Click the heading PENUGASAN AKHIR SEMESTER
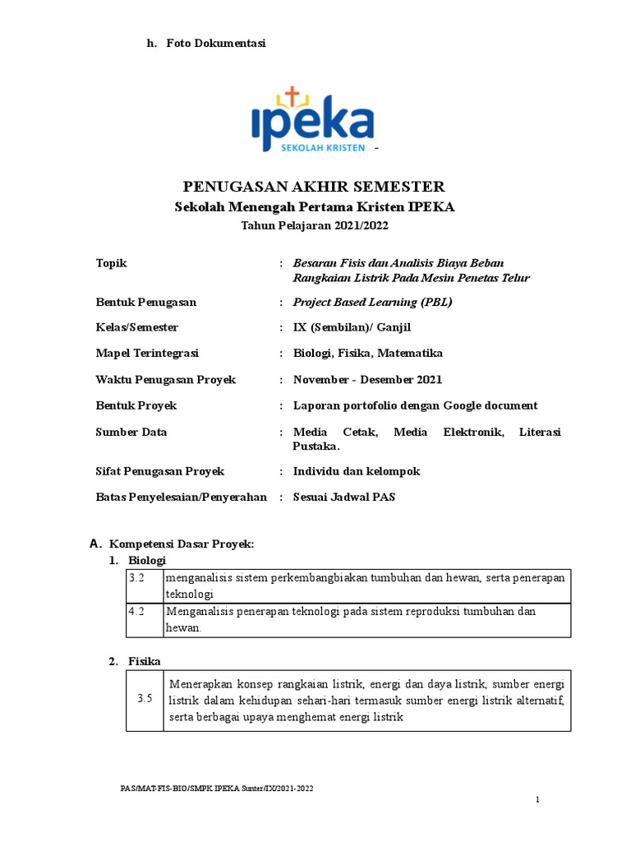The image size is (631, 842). point(314,186)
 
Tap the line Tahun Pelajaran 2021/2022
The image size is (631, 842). point(314,225)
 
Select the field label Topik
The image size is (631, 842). point(112,263)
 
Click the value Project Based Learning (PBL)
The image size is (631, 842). point(372,302)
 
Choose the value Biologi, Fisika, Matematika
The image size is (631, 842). point(367,353)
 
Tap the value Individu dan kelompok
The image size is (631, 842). point(357,471)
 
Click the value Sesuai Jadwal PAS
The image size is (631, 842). point(344,497)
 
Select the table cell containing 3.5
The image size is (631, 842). point(145,699)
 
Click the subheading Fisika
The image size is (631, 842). point(145,660)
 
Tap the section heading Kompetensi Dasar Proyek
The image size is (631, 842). point(182,544)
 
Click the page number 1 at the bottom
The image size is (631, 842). point(537,800)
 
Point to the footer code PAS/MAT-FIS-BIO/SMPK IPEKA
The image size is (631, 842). point(217,789)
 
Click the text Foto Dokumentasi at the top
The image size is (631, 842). point(216,43)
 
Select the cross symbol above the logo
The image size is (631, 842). point(288,95)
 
